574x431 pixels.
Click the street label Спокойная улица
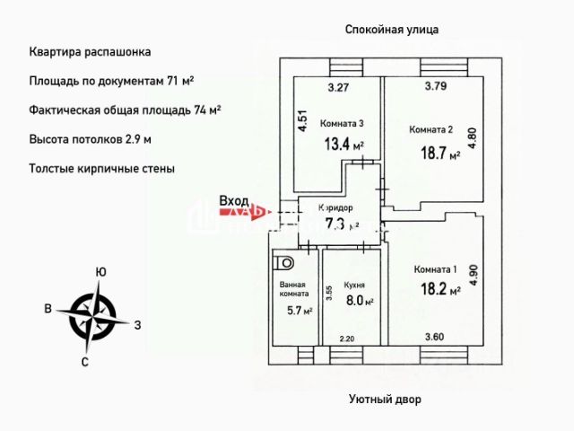point(392,29)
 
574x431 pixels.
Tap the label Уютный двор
point(384,400)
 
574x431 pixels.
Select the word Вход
point(233,201)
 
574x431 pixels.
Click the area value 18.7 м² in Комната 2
point(439,154)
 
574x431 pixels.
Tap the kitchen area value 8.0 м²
point(359,303)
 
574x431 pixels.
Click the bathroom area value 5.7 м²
point(299,311)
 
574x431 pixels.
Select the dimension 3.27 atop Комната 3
point(337,88)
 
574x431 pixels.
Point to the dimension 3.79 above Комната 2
point(436,87)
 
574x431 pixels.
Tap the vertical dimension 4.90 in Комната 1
point(474,274)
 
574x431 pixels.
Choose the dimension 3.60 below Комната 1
point(435,338)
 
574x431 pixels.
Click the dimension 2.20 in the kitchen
point(347,339)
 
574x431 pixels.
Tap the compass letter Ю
point(101,272)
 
